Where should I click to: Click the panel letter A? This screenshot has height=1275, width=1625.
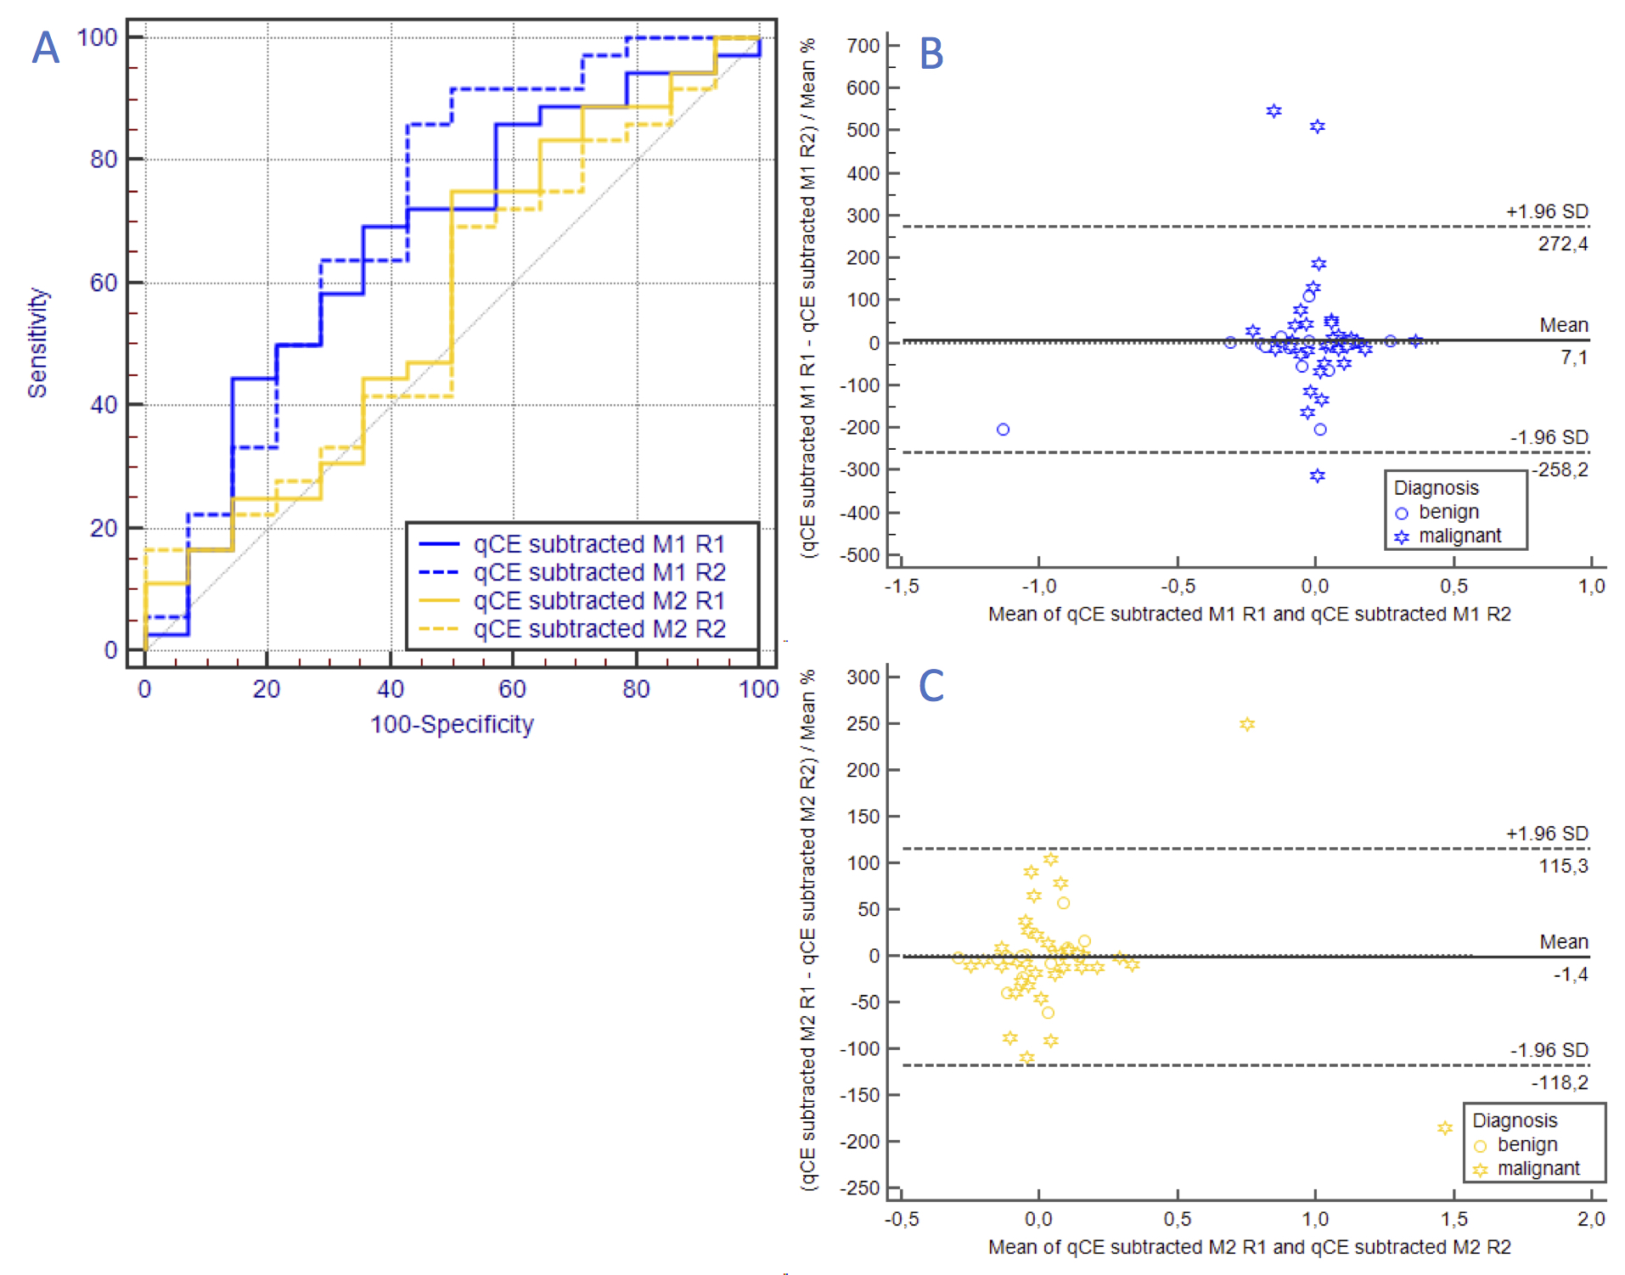[x=46, y=48]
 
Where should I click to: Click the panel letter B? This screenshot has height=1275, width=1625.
[x=931, y=53]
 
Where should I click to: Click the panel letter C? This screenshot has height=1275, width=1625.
[x=931, y=685]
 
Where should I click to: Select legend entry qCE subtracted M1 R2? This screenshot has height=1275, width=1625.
[x=599, y=572]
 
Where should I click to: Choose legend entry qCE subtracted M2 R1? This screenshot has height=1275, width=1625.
[x=599, y=600]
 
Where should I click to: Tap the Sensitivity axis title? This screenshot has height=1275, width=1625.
[x=37, y=343]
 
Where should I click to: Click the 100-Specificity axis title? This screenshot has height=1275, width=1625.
[x=452, y=724]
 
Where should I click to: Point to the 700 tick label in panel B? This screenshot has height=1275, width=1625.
[x=863, y=45]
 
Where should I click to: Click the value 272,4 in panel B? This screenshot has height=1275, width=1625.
[x=1562, y=244]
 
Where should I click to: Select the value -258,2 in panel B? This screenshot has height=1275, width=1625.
[x=1560, y=469]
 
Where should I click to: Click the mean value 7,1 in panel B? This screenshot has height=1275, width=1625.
[x=1573, y=357]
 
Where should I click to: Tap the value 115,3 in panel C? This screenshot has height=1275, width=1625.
[x=1563, y=866]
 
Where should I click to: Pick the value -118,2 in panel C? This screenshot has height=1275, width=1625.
[x=1560, y=1082]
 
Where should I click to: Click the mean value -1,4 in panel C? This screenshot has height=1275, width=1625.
[x=1570, y=974]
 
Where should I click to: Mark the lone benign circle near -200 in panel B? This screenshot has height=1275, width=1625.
[x=1003, y=430]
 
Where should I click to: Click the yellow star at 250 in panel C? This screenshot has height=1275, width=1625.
[x=1246, y=724]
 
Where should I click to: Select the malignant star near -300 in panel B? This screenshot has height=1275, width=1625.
[x=1317, y=475]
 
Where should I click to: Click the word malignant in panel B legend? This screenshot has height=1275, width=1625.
[x=1459, y=536]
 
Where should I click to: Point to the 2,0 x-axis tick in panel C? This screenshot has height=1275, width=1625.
[x=1591, y=1219]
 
